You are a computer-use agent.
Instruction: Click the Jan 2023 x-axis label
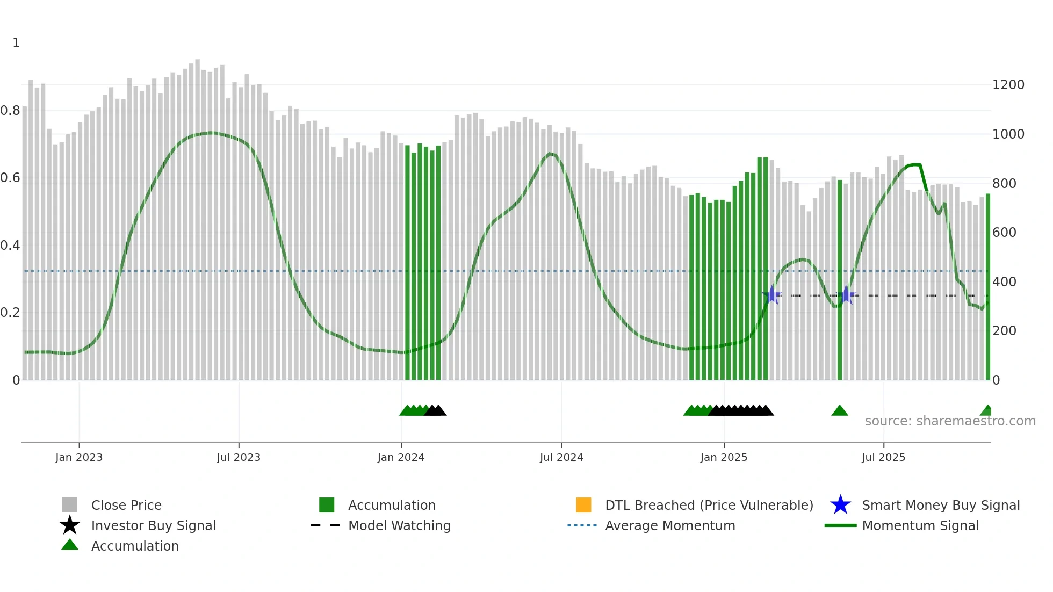[79, 458]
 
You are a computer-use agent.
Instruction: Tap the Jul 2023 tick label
[239, 458]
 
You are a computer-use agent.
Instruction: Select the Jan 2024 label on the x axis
[401, 458]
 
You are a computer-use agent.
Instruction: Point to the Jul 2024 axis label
[561, 458]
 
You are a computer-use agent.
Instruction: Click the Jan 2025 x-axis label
[724, 458]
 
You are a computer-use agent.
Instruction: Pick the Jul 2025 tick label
[883, 458]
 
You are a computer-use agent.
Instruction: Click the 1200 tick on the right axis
[1008, 85]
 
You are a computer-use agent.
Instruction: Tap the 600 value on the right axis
[1004, 233]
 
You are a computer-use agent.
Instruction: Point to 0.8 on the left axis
[10, 111]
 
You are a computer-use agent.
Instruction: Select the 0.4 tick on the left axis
[10, 246]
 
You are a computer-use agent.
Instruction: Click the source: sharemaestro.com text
[950, 421]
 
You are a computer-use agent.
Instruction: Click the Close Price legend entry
[126, 506]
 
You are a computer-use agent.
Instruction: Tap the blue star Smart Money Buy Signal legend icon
[840, 505]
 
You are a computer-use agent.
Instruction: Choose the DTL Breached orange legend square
[583, 505]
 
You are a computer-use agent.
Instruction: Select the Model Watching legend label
[399, 526]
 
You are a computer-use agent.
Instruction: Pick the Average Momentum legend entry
[670, 526]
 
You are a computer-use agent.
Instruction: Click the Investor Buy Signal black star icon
[70, 525]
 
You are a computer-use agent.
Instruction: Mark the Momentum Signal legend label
[920, 526]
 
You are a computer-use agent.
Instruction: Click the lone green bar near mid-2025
[840, 279]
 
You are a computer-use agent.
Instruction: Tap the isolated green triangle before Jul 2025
[840, 411]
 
